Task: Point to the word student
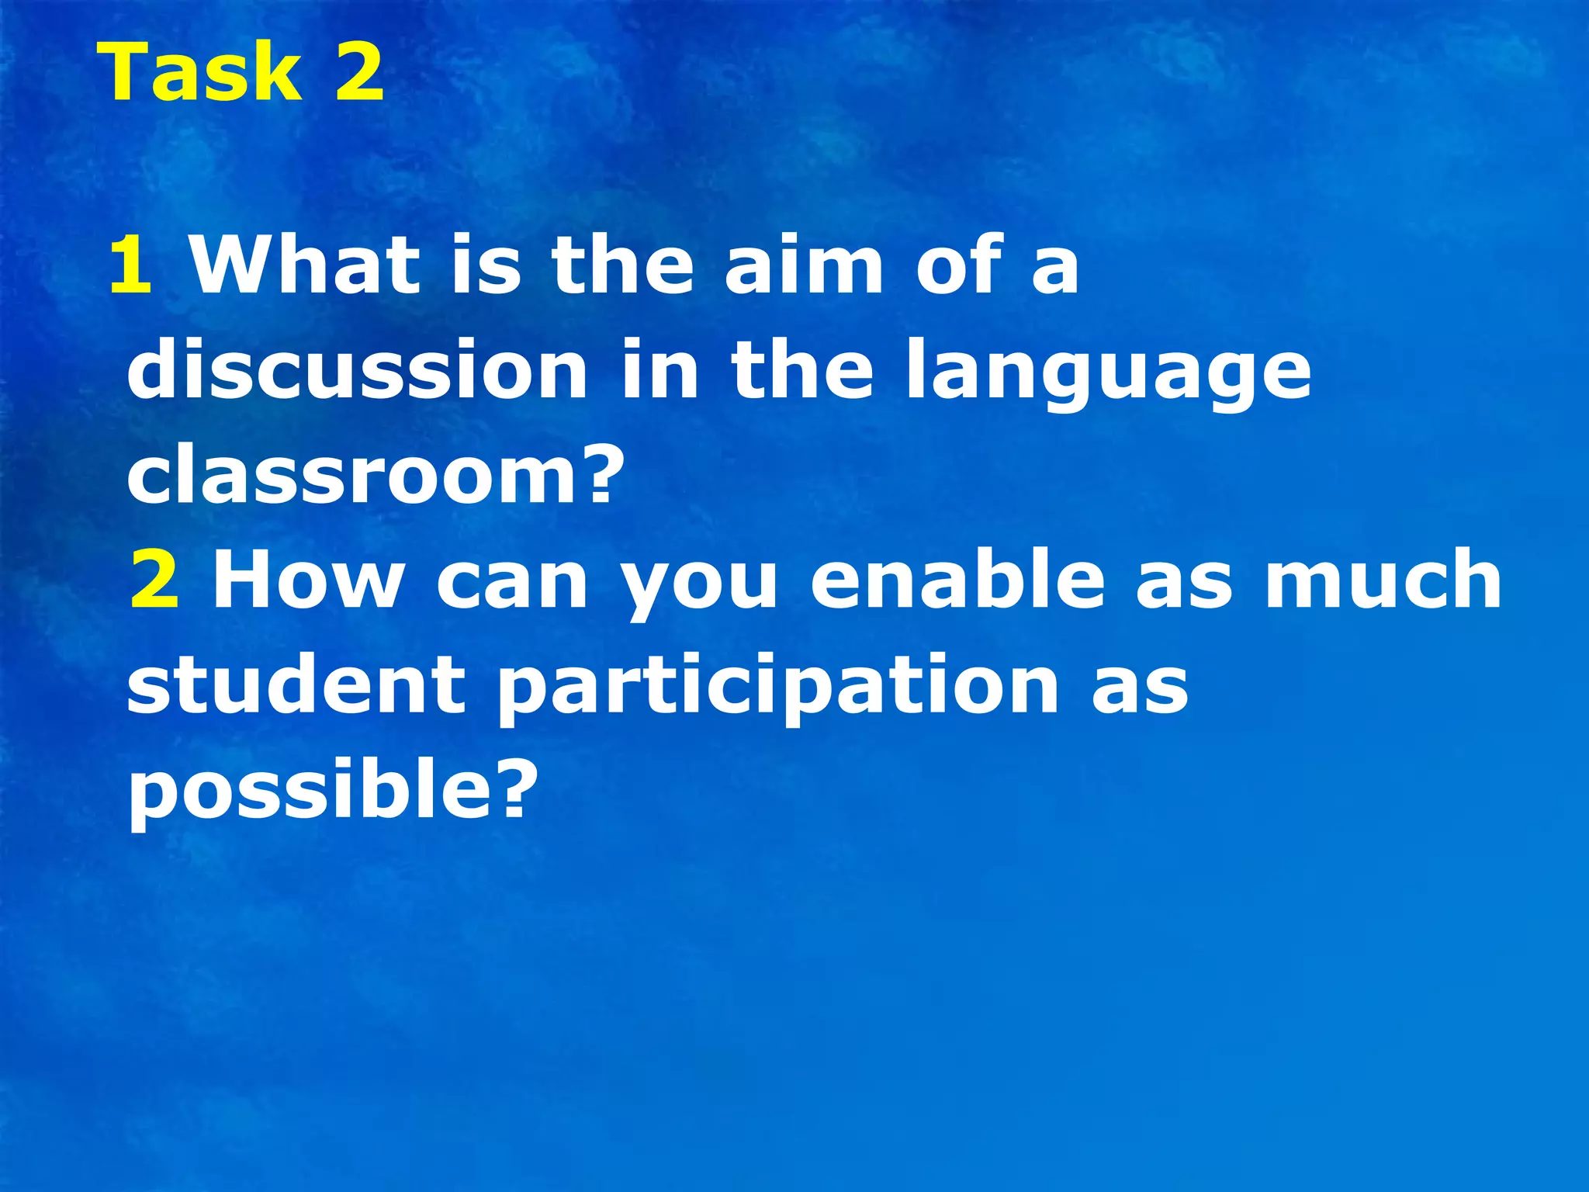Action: (296, 684)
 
